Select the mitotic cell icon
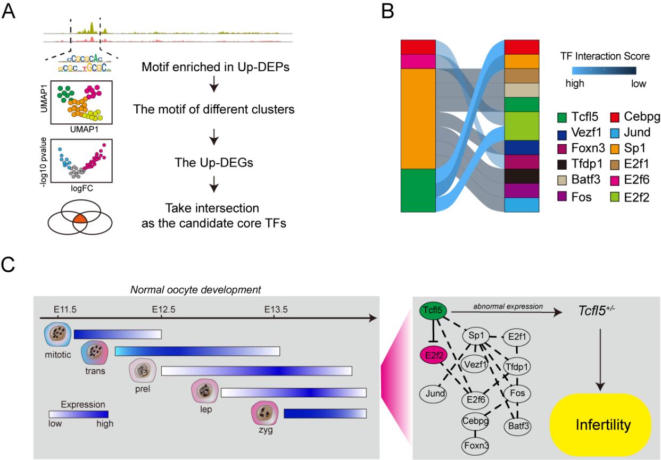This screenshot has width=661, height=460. [x=56, y=337]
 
